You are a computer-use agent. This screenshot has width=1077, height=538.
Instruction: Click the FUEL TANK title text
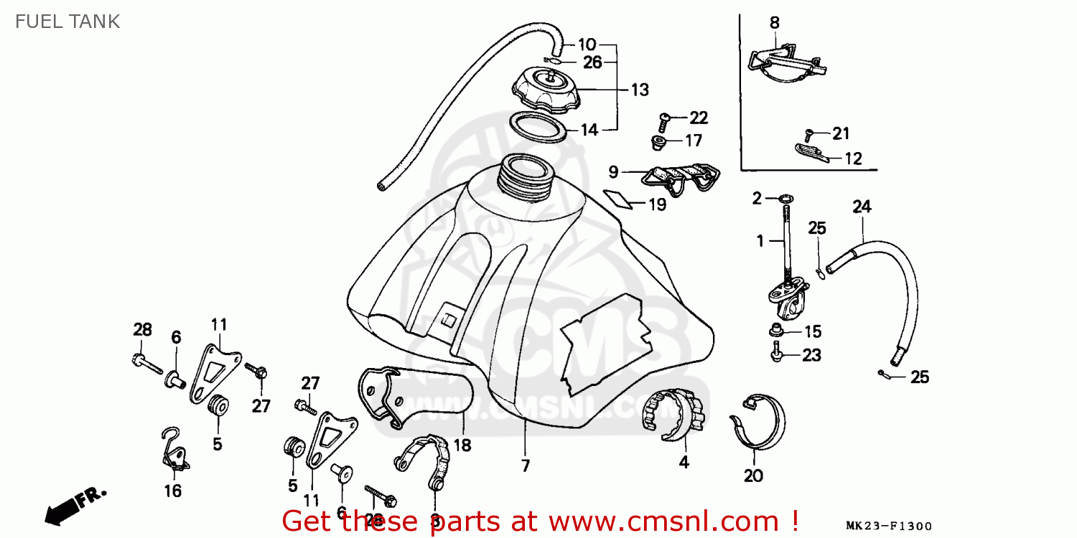(67, 22)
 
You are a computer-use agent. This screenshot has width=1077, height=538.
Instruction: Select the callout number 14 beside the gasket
(589, 130)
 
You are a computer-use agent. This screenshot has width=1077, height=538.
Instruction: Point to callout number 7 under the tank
(526, 466)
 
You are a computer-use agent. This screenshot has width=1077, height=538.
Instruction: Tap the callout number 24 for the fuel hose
(862, 207)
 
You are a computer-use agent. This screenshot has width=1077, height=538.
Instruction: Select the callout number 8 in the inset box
(774, 23)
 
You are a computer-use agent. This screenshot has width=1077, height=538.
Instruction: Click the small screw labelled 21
(809, 133)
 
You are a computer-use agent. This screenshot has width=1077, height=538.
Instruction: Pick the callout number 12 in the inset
(853, 159)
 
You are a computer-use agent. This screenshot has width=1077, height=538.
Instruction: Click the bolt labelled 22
(664, 118)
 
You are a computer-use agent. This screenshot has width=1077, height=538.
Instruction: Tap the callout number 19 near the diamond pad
(657, 204)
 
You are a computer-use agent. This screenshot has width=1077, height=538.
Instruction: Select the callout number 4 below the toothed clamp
(684, 463)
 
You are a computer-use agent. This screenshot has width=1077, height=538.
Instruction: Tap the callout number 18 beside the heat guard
(462, 445)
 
